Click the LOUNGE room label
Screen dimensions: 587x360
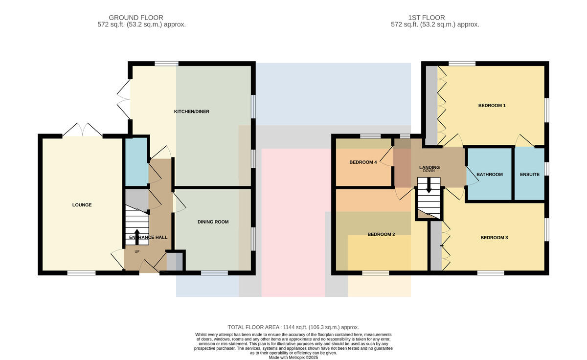[82, 205]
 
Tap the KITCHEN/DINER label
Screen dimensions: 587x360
[192, 112]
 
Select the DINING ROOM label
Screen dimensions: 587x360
[213, 222]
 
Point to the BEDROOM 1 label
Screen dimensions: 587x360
[492, 106]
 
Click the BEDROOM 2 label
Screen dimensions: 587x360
[381, 234]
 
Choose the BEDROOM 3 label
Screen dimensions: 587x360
[494, 238]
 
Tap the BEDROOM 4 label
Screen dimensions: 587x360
[363, 162]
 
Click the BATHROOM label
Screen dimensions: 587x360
[490, 175]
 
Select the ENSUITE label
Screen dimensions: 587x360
[530, 175]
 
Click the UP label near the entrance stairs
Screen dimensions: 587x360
[137, 252]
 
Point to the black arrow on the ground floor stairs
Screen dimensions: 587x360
[137, 237]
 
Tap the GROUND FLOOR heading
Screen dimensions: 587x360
[136, 18]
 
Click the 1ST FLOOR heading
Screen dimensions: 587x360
[427, 18]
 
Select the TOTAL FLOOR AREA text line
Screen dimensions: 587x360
[293, 327]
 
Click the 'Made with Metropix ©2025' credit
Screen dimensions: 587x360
[293, 358]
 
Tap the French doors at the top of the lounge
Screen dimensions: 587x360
[82, 130]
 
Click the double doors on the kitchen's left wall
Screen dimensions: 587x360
[124, 99]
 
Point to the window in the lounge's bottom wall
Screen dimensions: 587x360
[82, 273]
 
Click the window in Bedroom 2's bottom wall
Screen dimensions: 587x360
[376, 273]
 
